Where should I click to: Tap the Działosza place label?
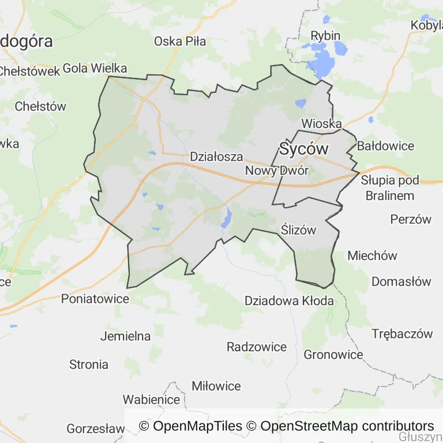(x=216, y=156)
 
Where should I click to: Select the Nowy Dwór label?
(x=277, y=170)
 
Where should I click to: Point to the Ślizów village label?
(x=299, y=230)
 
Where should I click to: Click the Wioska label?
(x=321, y=123)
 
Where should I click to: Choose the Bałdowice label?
(x=385, y=145)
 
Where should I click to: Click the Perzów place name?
(x=411, y=219)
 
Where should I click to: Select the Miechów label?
(x=373, y=256)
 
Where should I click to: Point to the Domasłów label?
(x=401, y=281)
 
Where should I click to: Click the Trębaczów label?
(x=402, y=333)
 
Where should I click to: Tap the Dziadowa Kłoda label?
(x=289, y=301)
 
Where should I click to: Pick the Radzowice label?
(x=257, y=347)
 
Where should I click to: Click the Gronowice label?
(x=333, y=354)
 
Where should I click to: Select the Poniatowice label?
(x=95, y=298)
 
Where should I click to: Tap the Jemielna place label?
(x=125, y=336)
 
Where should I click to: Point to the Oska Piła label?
(x=180, y=41)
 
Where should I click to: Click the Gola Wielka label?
(x=95, y=67)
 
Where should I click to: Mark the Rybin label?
(x=325, y=35)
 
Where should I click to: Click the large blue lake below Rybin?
(x=324, y=62)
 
